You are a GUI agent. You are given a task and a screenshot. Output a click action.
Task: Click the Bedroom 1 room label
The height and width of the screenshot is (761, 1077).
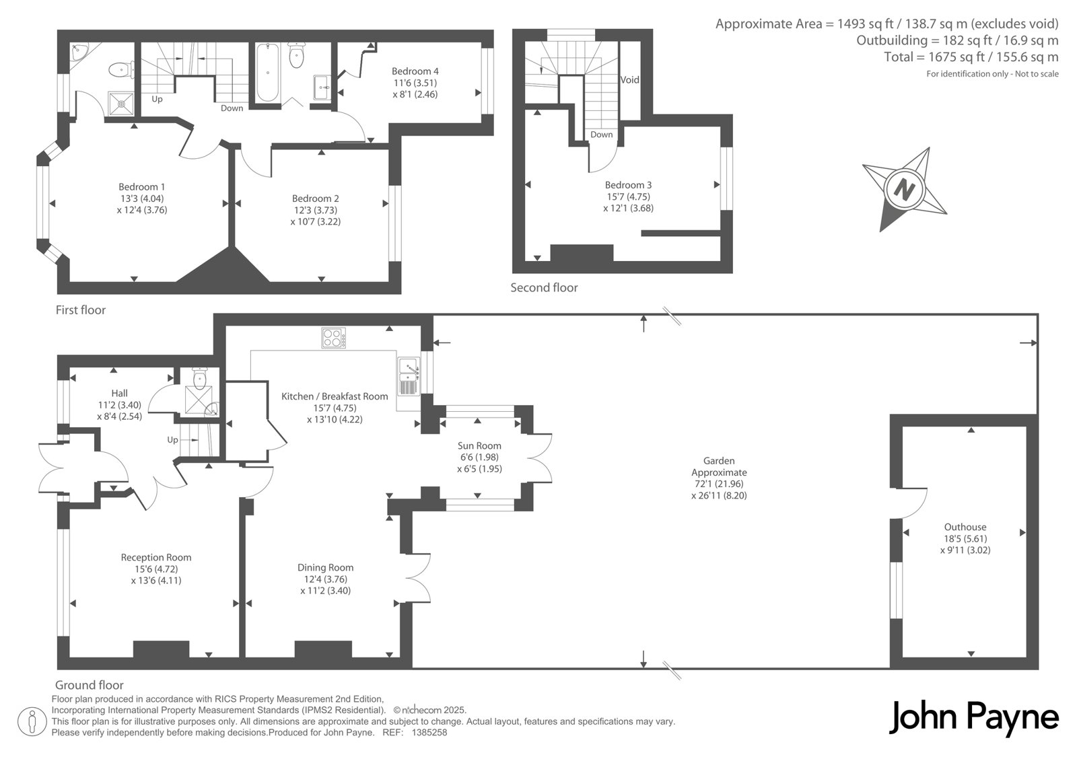pos(142,186)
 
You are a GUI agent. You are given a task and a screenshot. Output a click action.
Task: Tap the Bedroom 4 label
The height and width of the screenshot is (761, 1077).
pos(415,71)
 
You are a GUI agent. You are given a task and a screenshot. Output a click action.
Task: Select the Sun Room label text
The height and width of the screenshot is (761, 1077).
pos(479,445)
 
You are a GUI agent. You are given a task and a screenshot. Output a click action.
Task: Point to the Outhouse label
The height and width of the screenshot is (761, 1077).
pos(965,527)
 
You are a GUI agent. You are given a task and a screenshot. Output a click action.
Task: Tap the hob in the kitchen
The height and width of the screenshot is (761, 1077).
pos(333,338)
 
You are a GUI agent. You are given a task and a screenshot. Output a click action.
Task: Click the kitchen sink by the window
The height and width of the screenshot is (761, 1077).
pos(409,376)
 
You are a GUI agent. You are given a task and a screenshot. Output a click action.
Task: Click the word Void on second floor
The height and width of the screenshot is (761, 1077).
pos(629,80)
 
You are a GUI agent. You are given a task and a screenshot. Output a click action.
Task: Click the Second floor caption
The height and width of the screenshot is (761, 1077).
pos(544,287)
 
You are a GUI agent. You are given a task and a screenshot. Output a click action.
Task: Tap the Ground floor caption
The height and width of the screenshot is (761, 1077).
pos(90,684)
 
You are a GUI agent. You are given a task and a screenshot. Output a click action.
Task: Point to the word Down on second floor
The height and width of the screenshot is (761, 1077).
pos(602,135)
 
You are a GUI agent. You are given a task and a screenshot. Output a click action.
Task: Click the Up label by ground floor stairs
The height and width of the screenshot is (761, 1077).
pos(172,440)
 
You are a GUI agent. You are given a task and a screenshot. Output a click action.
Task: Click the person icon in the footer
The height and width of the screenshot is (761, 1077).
pos(32,721)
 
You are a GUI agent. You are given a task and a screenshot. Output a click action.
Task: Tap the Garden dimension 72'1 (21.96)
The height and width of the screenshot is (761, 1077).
pos(719,484)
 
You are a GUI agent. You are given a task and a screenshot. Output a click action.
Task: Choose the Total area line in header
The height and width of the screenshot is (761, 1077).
pos(971,57)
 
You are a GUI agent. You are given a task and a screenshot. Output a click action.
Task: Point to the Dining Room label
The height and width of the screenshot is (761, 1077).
pos(326,567)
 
